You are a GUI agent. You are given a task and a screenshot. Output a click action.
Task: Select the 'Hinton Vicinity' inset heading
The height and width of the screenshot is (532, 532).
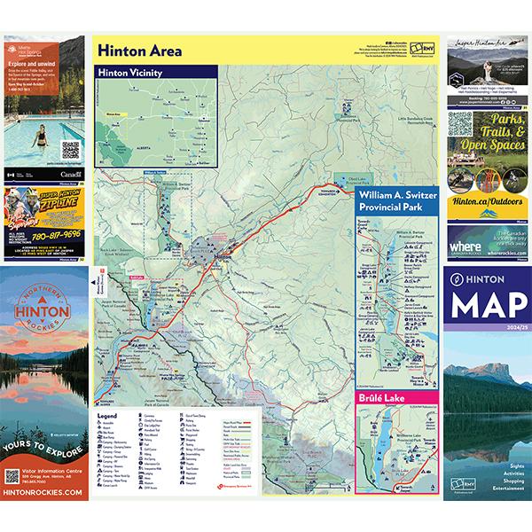click(132, 74)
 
